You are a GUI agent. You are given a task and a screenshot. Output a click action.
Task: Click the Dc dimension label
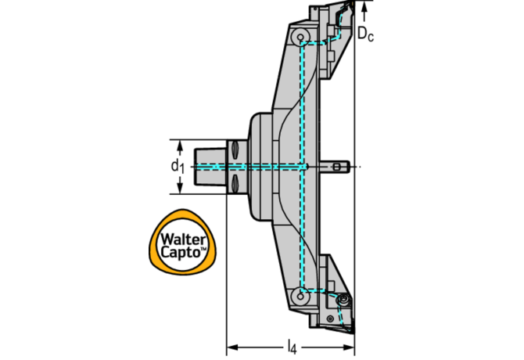pos(365,34)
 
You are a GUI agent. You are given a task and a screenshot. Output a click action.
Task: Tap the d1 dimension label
pos(178,166)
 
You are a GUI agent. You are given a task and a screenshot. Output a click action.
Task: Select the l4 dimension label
pos(292,347)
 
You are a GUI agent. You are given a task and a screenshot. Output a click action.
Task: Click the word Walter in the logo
pos(183,239)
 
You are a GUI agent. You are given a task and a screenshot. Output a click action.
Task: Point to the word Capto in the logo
pos(181,252)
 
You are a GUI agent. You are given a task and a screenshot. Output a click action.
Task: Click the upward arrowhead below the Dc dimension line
pos(364,8)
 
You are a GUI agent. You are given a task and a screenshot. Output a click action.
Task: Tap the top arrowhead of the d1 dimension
pos(180,146)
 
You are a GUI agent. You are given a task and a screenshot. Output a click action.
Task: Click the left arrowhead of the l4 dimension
pos(233,347)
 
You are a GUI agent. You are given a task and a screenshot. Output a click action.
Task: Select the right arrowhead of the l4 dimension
pos(348,347)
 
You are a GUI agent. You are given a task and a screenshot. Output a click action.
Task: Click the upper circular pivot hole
pos(300,37)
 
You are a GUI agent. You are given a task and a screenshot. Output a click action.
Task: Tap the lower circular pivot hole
pos(300,296)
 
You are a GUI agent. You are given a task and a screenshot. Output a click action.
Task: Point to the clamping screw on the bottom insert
pos(343,301)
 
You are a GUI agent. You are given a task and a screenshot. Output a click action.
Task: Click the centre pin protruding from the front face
pos(335,167)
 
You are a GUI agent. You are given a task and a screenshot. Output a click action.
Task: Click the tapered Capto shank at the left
pos(210,167)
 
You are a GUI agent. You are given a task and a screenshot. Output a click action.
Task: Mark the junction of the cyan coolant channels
pos(303,166)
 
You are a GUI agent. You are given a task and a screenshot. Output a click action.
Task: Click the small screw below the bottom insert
pos(330,319)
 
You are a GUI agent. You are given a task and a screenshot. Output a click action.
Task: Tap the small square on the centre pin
pos(337,167)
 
